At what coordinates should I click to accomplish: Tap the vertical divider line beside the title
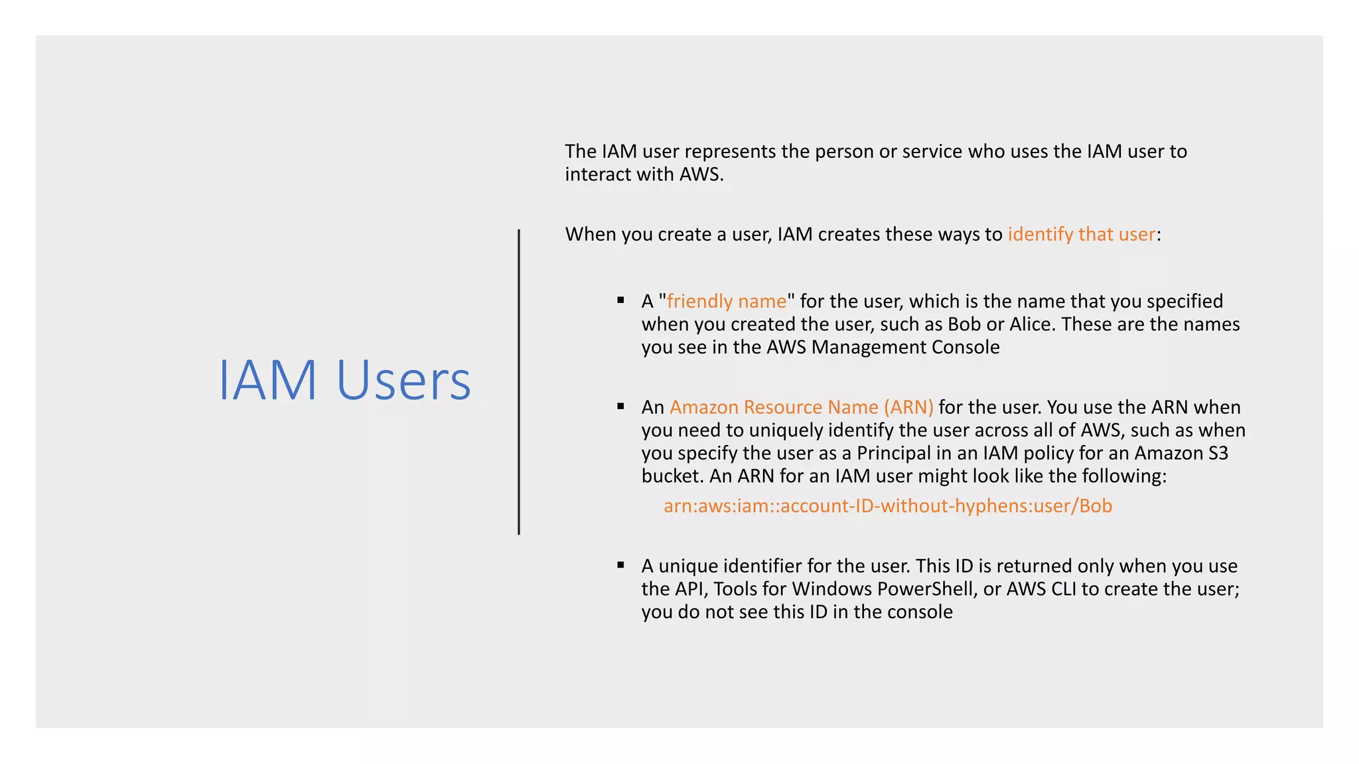519,382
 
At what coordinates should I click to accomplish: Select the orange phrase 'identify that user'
1081,234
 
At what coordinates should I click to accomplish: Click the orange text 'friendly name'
726,301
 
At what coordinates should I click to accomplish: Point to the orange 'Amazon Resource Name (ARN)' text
801,407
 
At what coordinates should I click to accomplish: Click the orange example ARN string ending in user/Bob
887,506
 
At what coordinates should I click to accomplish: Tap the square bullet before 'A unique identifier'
621,565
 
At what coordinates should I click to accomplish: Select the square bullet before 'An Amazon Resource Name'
621,406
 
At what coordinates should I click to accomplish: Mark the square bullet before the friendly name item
621,300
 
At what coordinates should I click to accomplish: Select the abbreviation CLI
1060,589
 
